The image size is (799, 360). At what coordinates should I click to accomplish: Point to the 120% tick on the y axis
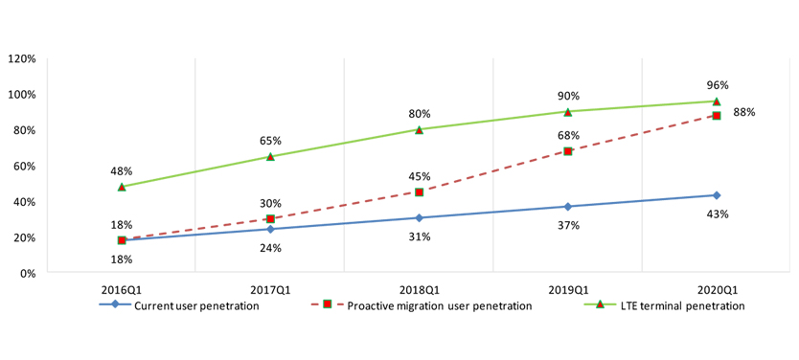click(21, 58)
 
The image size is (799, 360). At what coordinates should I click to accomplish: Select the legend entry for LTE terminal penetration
click(669, 305)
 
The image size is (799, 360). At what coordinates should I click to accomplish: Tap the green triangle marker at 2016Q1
click(122, 187)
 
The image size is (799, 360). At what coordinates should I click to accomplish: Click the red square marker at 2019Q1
click(568, 151)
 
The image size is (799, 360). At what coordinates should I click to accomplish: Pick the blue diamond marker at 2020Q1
click(717, 195)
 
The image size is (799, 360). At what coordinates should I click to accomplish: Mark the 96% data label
click(717, 83)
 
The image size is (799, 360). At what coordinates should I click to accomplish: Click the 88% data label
click(744, 112)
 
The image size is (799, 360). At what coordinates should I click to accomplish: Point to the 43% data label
click(717, 214)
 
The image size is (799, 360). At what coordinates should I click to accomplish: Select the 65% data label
click(271, 141)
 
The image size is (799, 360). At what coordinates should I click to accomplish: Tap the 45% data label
click(420, 176)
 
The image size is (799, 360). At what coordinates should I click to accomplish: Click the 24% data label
click(271, 248)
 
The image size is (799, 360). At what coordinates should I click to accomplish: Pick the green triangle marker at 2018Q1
click(420, 129)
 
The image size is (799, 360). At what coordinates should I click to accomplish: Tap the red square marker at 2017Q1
click(271, 219)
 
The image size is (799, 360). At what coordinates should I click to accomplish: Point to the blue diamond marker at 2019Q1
click(568, 207)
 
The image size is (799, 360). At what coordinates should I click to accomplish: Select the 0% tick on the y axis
click(26, 273)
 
